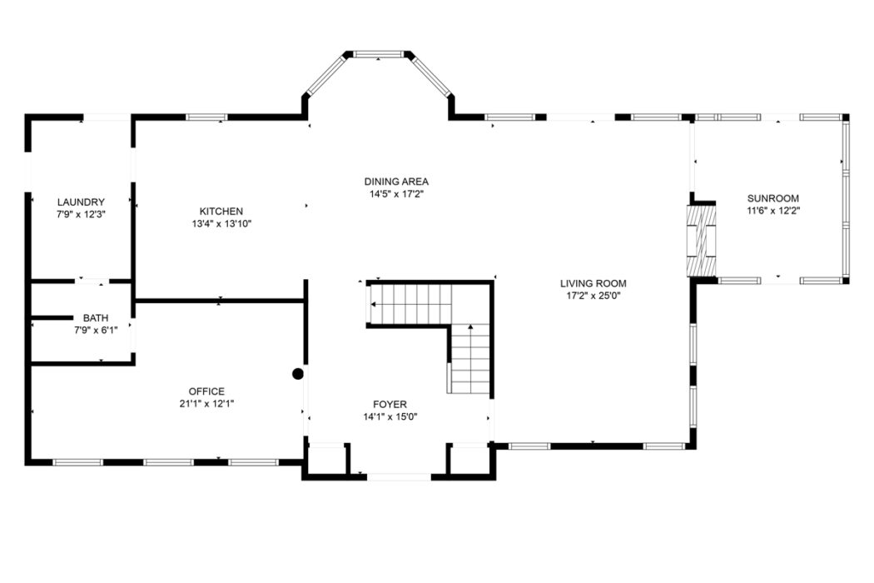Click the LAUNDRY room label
coord(81,202)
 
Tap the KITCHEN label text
coord(221,212)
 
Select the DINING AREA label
coord(396,182)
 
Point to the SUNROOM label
coord(773,198)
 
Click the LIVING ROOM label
coord(593,283)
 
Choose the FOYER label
coord(390,404)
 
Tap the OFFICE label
coord(206,391)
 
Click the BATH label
coord(96,318)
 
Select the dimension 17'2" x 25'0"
coord(593,296)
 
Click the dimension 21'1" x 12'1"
coord(206,404)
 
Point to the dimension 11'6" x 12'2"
coord(773,211)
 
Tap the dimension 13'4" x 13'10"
coord(221,224)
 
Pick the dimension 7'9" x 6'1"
coord(96,331)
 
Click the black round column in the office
coord(298,374)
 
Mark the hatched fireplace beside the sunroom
coord(701,241)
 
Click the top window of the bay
coord(379,54)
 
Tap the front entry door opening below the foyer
coord(399,477)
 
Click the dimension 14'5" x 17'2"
coord(396,193)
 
